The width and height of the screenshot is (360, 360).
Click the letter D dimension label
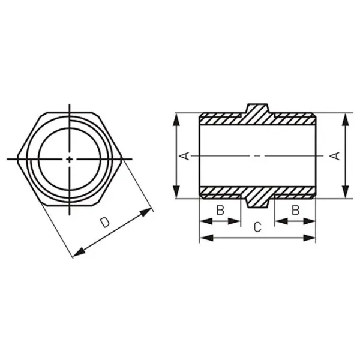[104, 223]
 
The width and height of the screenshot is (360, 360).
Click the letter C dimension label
[257, 227]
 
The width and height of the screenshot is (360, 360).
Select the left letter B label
[220, 210]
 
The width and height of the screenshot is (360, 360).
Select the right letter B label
[295, 210]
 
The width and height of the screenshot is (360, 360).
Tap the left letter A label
[184, 156]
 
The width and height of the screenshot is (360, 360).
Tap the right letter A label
[335, 156]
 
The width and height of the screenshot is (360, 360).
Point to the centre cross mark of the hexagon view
[70, 159]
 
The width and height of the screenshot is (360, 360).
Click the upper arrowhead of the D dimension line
[146, 212]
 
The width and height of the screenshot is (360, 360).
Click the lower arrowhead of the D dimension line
[79, 253]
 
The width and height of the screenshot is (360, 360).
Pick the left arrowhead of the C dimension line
[206, 238]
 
